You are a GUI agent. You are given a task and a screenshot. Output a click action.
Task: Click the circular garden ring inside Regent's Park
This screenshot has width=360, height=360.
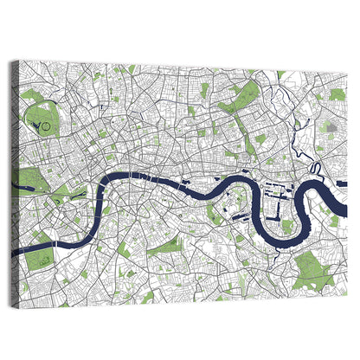(x=46, y=127)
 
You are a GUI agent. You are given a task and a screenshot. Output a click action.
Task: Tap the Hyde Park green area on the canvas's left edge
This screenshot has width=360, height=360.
(x=29, y=180)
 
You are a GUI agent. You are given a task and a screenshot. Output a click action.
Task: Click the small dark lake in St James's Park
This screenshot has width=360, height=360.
(x=73, y=196)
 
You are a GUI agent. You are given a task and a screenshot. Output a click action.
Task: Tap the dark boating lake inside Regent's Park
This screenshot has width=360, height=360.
(x=36, y=126)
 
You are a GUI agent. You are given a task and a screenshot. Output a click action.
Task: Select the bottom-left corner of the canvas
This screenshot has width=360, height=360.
(x=20, y=305)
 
